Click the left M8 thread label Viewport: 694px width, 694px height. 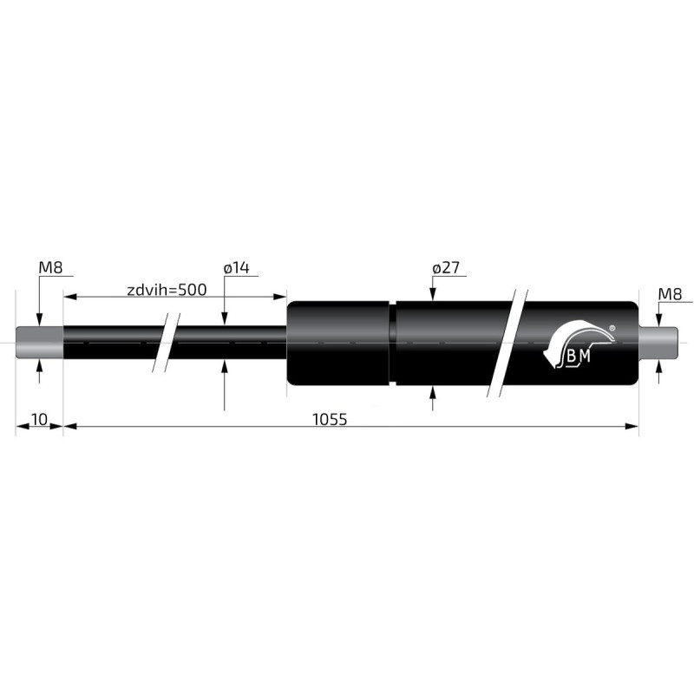click(x=50, y=268)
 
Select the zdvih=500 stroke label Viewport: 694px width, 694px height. click(x=166, y=290)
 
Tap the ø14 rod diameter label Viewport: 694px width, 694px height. click(x=236, y=268)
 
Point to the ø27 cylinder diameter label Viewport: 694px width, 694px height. click(x=444, y=268)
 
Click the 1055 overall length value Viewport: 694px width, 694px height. click(x=330, y=419)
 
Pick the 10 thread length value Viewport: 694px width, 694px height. click(x=39, y=419)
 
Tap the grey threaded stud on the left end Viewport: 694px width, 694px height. click(x=40, y=343)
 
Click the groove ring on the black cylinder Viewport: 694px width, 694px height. click(x=393, y=343)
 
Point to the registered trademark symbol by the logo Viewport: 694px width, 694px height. click(x=612, y=328)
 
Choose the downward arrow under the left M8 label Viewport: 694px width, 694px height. click(x=39, y=319)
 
